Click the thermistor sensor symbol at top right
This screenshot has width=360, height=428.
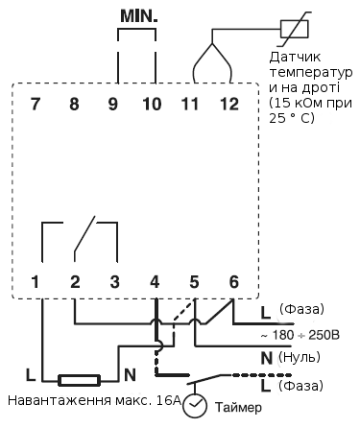293,29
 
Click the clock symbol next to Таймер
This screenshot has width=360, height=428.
196,406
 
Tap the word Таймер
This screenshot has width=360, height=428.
237,408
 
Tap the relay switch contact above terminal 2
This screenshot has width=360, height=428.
84,236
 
